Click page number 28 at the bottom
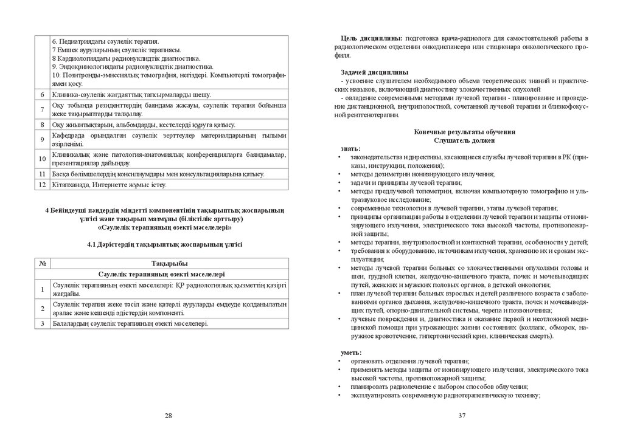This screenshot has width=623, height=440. pyautogui.click(x=169, y=416)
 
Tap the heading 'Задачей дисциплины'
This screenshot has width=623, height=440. pyautogui.click(x=371, y=73)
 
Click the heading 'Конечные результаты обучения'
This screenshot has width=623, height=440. pyautogui.click(x=465, y=132)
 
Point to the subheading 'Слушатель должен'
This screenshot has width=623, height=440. pyautogui.click(x=465, y=140)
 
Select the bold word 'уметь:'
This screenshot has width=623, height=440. pyautogui.click(x=351, y=352)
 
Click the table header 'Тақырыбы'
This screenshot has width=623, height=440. pyautogui.click(x=169, y=263)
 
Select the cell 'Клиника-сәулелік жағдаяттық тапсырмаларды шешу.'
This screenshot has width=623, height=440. pyautogui.click(x=131, y=95)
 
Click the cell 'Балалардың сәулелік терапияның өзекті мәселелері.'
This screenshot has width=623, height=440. pyautogui.click(x=131, y=324)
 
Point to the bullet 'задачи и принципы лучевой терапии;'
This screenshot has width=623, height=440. pyautogui.click(x=406, y=182)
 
